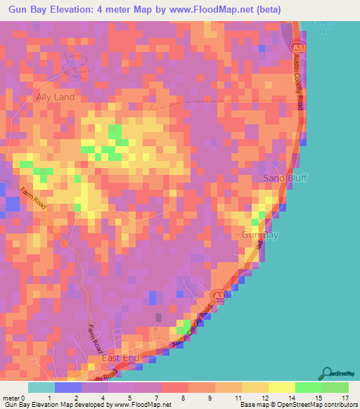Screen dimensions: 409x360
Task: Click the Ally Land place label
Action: click(55, 97)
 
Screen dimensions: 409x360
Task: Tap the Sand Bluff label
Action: click(283, 178)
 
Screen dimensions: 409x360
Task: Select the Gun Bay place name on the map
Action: click(259, 235)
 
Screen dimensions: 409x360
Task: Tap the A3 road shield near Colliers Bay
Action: click(296, 45)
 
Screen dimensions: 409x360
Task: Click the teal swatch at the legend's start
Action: click(41, 387)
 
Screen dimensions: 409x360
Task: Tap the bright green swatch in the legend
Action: click(308, 387)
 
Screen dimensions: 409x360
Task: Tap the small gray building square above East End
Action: click(158, 318)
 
